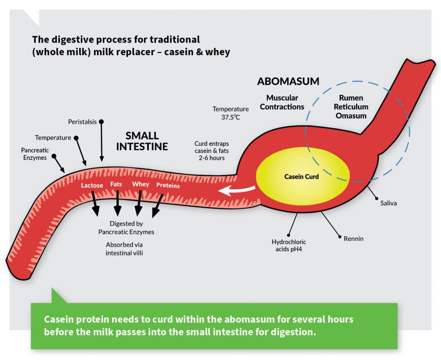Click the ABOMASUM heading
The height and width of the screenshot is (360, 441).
tap(288, 81)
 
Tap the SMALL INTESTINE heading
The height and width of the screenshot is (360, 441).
tap(142, 141)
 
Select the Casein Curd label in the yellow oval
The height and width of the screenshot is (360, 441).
tap(301, 177)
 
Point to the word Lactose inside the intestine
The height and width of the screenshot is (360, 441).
tap(92, 186)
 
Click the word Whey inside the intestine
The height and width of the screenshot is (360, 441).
tap(140, 184)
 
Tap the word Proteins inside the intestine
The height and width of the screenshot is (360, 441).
tap(168, 186)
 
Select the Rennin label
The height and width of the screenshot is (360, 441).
tap(353, 238)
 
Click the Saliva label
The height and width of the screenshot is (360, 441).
tap(388, 203)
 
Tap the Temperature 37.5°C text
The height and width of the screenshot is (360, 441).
tap(230, 113)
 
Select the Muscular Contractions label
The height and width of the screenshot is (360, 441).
tap(282, 102)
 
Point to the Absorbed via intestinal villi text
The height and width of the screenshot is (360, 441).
tap(124, 249)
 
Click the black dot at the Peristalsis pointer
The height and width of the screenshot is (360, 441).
tap(102, 122)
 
